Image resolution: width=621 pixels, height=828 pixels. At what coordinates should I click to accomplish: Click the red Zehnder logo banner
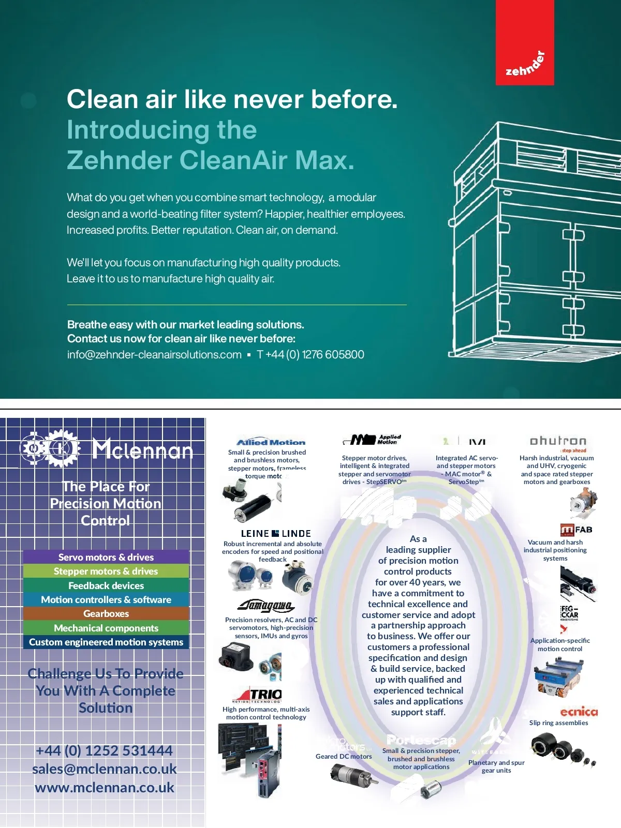click(525, 42)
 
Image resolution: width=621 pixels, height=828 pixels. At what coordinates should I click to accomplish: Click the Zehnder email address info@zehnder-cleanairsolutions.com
click(154, 355)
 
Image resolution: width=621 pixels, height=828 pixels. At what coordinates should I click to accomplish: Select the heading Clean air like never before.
click(232, 99)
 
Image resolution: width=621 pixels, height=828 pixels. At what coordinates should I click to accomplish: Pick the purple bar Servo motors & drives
click(106, 557)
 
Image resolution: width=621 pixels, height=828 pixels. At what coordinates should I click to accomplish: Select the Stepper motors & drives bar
click(106, 571)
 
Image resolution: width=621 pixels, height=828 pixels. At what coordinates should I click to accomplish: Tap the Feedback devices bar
click(106, 585)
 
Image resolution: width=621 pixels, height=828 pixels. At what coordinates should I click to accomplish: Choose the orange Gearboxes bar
click(106, 614)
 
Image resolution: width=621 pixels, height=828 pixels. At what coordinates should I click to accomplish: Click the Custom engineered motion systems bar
click(106, 642)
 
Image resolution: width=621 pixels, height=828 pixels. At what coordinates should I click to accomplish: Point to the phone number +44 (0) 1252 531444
click(105, 750)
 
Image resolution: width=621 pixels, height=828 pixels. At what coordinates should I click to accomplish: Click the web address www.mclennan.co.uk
click(105, 788)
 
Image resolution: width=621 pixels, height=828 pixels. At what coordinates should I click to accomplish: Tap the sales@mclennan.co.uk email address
click(105, 769)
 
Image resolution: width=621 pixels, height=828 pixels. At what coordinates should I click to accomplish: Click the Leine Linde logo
click(276, 533)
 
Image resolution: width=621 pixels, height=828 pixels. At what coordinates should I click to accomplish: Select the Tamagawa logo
click(266, 606)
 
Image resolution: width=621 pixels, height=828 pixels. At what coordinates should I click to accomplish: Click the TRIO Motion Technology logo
click(257, 695)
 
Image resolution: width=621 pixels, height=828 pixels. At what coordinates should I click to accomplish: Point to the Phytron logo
click(558, 441)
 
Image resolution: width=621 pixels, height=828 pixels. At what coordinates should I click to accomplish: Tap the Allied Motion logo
click(271, 442)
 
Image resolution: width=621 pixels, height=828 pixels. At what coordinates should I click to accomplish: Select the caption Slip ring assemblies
click(558, 723)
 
